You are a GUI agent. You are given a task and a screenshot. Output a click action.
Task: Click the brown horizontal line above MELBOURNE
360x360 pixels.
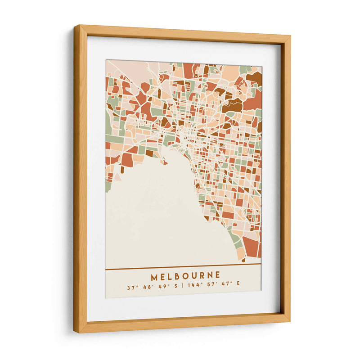click(183, 269)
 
